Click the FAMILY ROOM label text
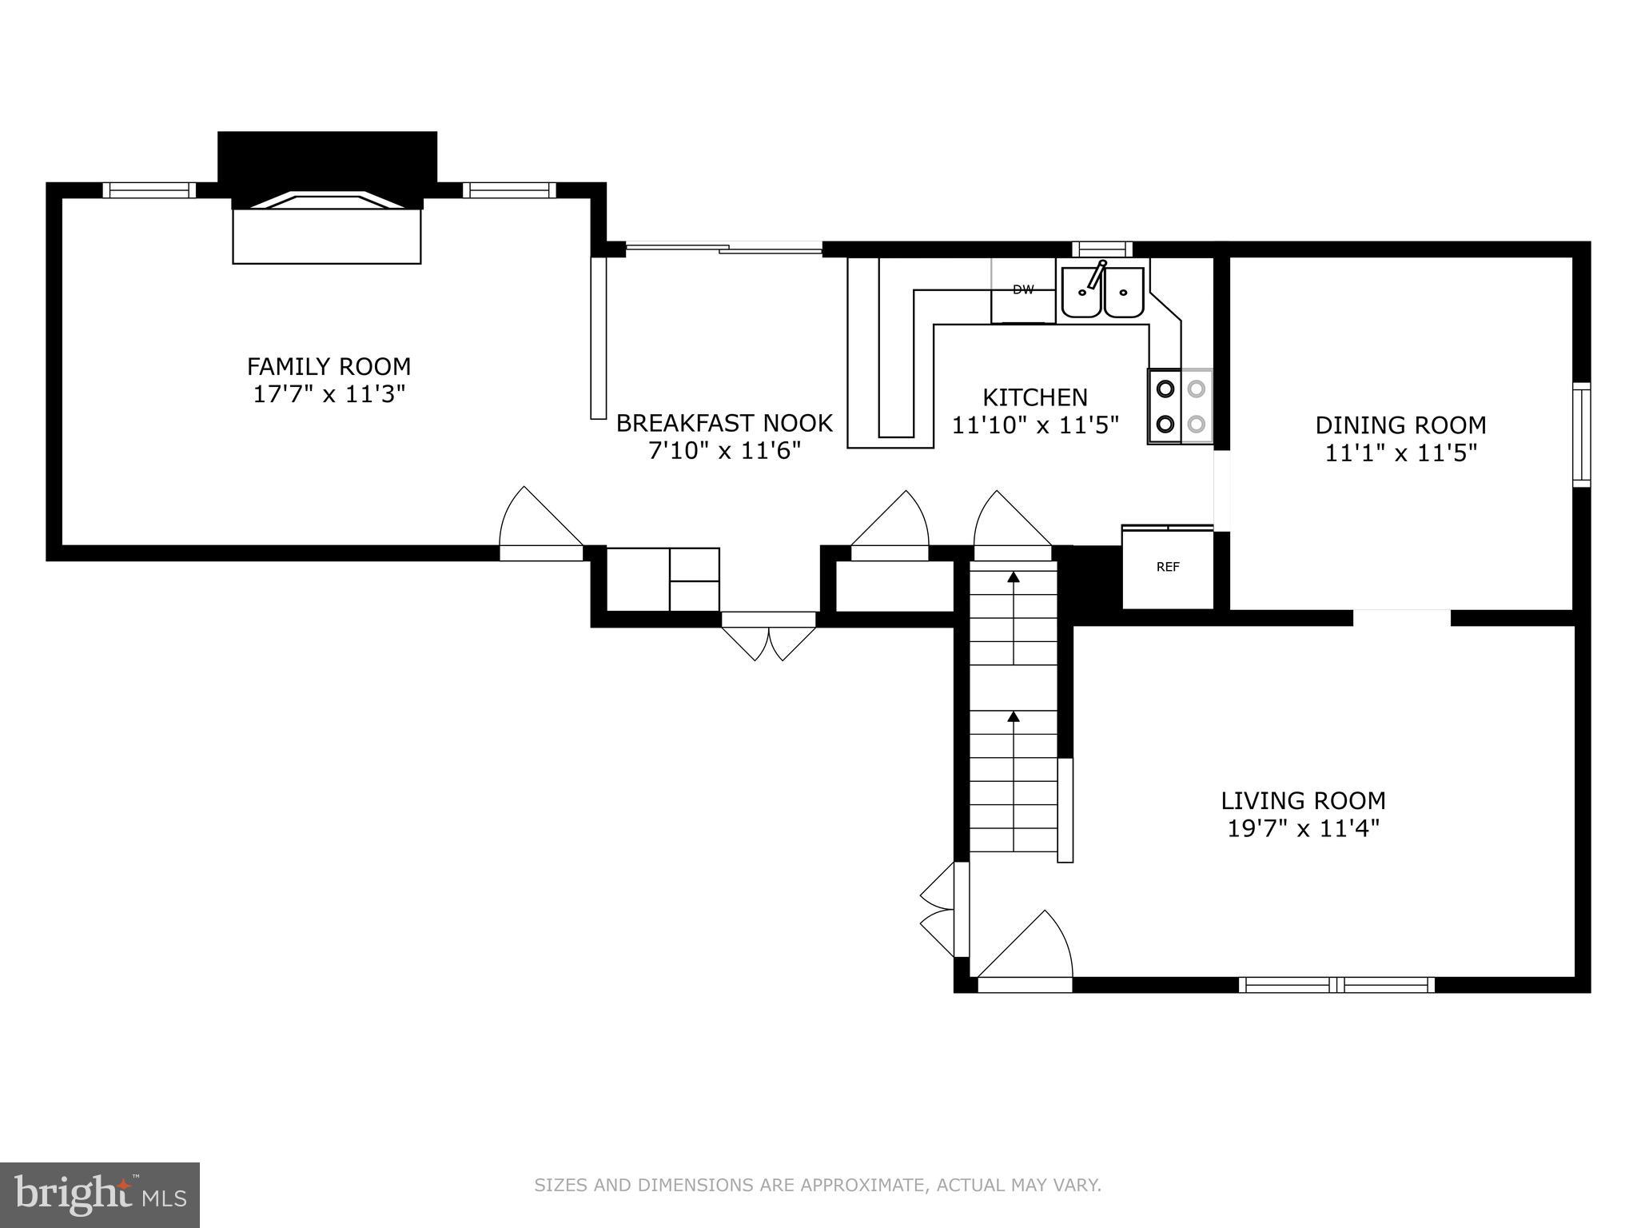329,367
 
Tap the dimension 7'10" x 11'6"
724,451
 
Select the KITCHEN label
1034,397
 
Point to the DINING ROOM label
1400,425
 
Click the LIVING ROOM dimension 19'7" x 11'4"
1303,829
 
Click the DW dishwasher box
1023,290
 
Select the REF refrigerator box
1168,568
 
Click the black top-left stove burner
1165,389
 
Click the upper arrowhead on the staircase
1014,576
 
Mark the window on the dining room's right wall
1581,434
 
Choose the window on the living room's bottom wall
1336,985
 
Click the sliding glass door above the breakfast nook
723,249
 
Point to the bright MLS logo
99,1194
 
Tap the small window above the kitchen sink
1102,249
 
